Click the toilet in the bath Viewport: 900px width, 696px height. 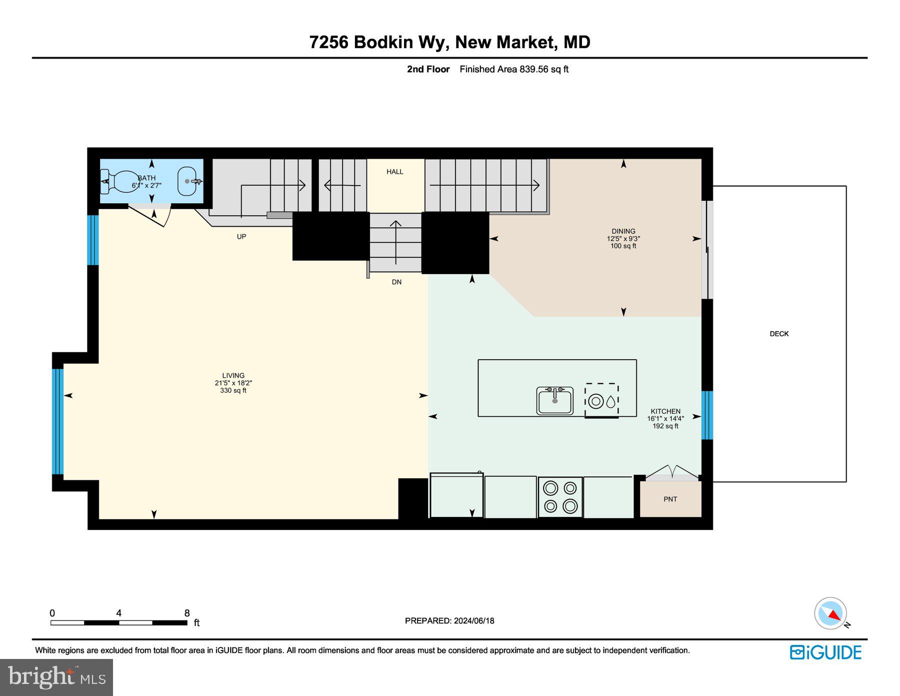(x=120, y=182)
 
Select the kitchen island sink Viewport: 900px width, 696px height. (x=554, y=400)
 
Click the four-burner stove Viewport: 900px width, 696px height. (x=560, y=497)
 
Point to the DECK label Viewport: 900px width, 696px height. (x=779, y=334)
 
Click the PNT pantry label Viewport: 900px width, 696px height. (x=670, y=499)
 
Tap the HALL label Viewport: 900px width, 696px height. (x=394, y=172)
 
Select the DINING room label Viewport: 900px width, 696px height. (x=623, y=231)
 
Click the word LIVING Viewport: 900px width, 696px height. (x=233, y=375)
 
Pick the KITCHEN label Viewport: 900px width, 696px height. (x=665, y=411)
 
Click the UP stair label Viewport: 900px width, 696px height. (x=241, y=236)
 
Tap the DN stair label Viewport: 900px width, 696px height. (x=396, y=282)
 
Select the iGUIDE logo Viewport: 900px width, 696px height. (x=825, y=652)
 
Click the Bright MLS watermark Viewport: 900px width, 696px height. (x=56, y=677)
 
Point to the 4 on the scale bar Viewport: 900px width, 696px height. (x=118, y=613)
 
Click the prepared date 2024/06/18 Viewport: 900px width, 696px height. (x=473, y=620)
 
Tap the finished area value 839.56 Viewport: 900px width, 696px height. (x=534, y=70)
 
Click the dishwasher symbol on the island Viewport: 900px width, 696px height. (x=601, y=400)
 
